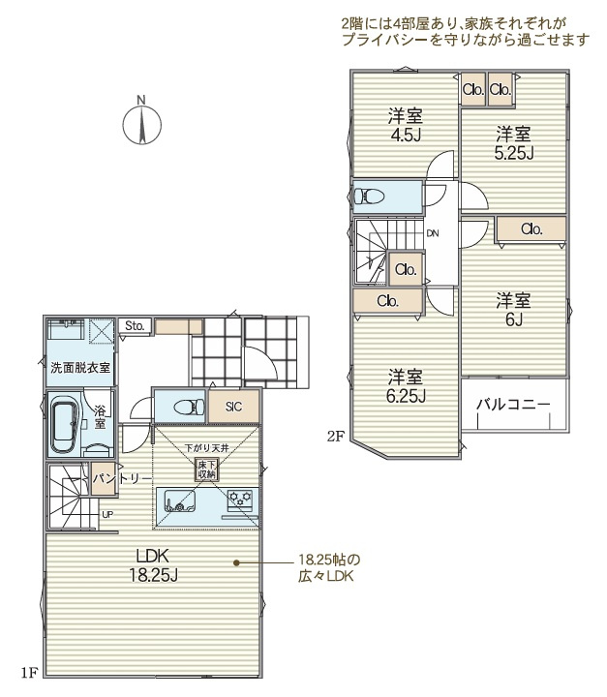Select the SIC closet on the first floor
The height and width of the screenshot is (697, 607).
[x=234, y=407]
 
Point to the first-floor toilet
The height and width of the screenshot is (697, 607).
[x=189, y=407]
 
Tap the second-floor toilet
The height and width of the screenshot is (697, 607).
[x=369, y=196]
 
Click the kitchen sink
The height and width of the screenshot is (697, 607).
[x=180, y=501]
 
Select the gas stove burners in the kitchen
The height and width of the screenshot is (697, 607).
[x=240, y=498]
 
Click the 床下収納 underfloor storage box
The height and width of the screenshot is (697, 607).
[x=207, y=470]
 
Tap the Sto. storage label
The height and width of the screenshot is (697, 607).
[x=135, y=326]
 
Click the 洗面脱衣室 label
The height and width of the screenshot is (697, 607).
[x=80, y=368]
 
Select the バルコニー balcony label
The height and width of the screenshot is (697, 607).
[x=513, y=405]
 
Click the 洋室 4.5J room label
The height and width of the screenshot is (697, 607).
[x=406, y=125]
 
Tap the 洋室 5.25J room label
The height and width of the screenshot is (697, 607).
[x=514, y=142]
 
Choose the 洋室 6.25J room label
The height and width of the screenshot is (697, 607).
[x=406, y=385]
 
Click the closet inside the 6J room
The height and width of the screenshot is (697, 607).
[x=531, y=229]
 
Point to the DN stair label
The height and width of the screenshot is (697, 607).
[x=433, y=233]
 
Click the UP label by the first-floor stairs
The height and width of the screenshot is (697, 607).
[x=107, y=514]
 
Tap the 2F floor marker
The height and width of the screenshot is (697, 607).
[x=336, y=437]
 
